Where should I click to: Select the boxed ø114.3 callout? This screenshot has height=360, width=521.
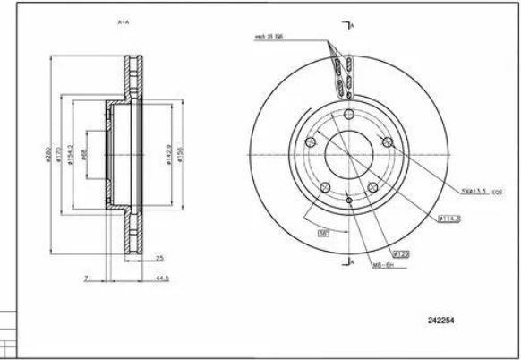(x=448, y=218)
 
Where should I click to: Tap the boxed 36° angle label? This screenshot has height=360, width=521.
(x=321, y=232)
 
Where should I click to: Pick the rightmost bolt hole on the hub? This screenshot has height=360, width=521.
(x=388, y=141)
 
